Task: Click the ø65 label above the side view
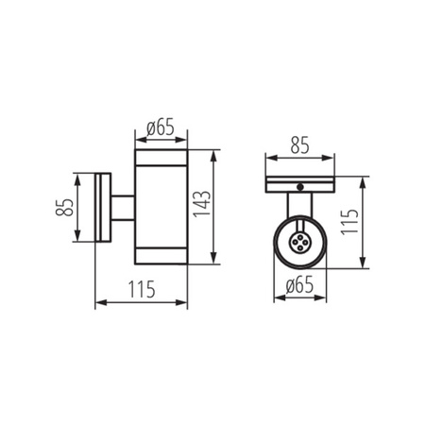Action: (x=161, y=127)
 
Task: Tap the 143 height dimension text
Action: (x=202, y=204)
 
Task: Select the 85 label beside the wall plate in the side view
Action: (x=64, y=207)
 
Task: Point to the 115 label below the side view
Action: (x=142, y=289)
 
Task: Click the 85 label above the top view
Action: (x=299, y=145)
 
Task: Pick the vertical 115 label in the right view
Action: (x=349, y=222)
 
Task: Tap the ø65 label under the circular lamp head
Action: (x=299, y=285)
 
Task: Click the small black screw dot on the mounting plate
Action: (x=300, y=187)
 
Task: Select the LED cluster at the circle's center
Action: (x=298, y=243)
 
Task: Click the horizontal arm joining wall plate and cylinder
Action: (x=123, y=208)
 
